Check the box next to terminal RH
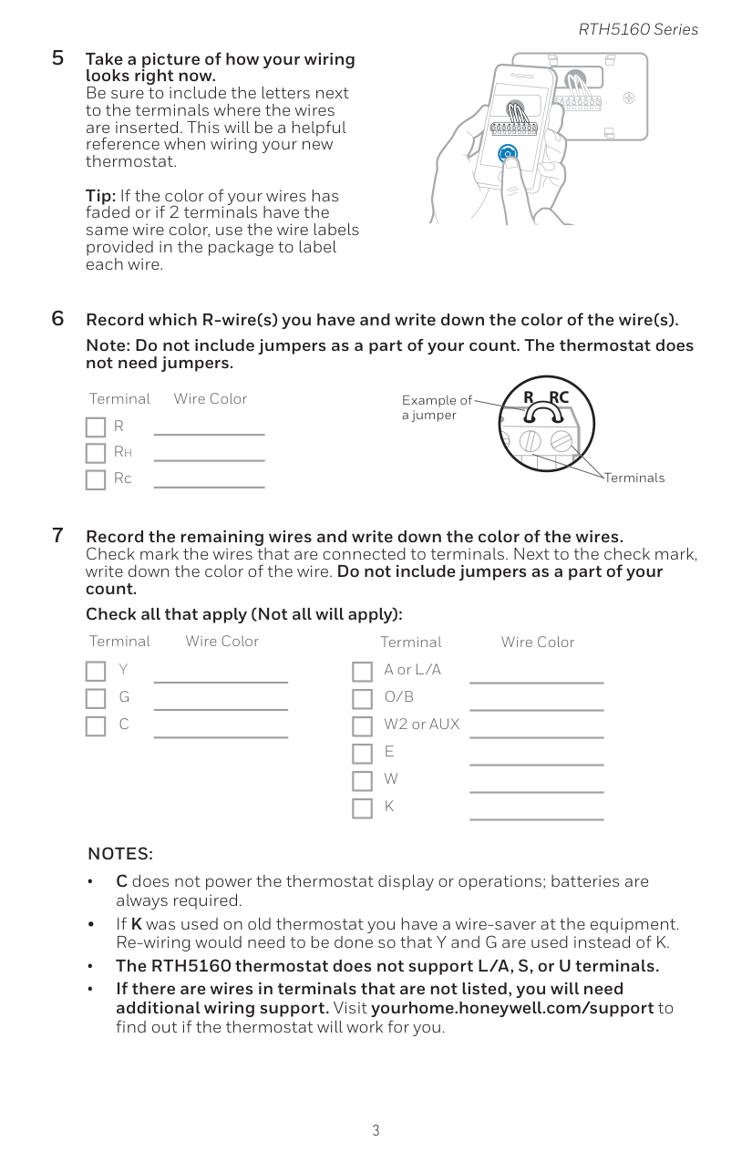[96, 453]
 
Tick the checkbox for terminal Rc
[96, 480]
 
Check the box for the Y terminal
[96, 672]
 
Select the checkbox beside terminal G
[96, 699]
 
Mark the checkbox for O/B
[362, 699]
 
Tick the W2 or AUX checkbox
[362, 726]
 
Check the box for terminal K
[362, 808]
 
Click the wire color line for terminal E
[537, 765]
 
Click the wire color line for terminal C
[221, 736]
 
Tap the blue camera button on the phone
[508, 153]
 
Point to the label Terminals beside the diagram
[634, 478]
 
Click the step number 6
[57, 318]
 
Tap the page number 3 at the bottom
[376, 1130]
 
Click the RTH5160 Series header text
[638, 29]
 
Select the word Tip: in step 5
[100, 196]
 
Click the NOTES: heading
[120, 854]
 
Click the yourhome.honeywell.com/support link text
[513, 1008]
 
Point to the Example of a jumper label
[437, 407]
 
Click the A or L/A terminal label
[413, 670]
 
